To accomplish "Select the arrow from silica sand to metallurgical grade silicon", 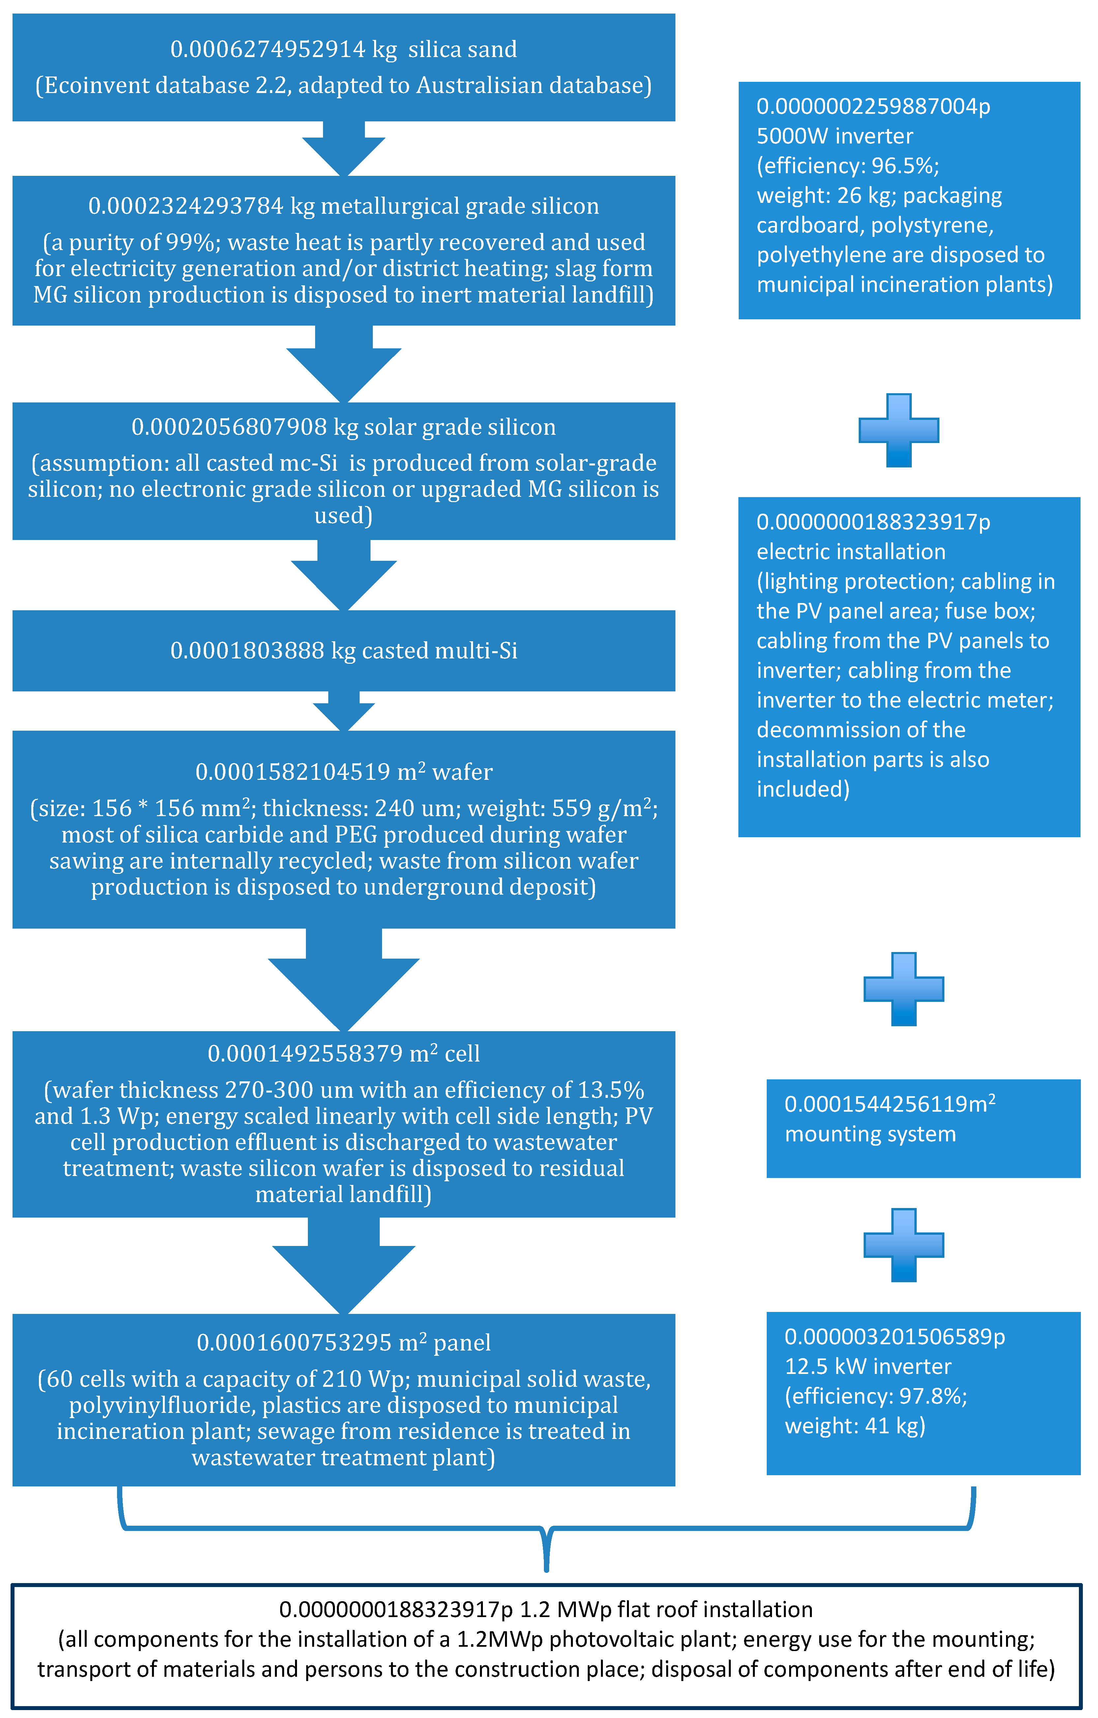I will (x=344, y=148).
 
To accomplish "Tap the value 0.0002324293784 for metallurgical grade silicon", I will (x=185, y=206).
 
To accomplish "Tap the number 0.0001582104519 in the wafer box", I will (x=292, y=772).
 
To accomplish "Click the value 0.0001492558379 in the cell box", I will (x=305, y=1054).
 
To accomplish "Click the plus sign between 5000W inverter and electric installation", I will (x=898, y=430).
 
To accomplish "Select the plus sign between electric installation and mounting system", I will (x=904, y=989).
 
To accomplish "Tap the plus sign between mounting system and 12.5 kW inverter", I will (x=904, y=1245).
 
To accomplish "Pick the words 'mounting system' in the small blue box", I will (x=870, y=1134).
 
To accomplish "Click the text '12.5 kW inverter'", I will (x=868, y=1366).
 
